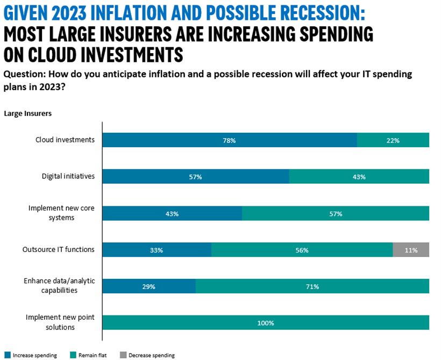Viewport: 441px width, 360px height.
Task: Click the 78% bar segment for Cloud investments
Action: (230, 140)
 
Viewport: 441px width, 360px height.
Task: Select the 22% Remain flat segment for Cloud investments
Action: (393, 140)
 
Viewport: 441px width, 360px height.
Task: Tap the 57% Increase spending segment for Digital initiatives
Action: (196, 177)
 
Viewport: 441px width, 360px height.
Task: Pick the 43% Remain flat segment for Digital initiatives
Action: (359, 177)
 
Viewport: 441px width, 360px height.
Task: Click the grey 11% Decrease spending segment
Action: (411, 250)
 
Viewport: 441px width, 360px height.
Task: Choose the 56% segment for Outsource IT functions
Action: (302, 250)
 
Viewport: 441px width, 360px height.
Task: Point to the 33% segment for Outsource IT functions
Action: (157, 250)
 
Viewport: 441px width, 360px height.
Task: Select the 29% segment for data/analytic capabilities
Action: (149, 286)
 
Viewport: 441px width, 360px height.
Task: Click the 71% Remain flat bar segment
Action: (312, 286)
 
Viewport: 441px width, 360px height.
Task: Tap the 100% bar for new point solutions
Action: (266, 323)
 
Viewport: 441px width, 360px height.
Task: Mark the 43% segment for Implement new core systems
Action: (172, 213)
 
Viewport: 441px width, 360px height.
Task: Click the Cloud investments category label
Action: (65, 140)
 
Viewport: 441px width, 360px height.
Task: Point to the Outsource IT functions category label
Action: (58, 249)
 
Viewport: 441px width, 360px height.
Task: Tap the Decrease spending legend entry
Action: (147, 355)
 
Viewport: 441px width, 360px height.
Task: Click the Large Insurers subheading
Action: (27, 113)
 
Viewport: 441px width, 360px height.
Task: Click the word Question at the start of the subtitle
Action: (22, 74)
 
